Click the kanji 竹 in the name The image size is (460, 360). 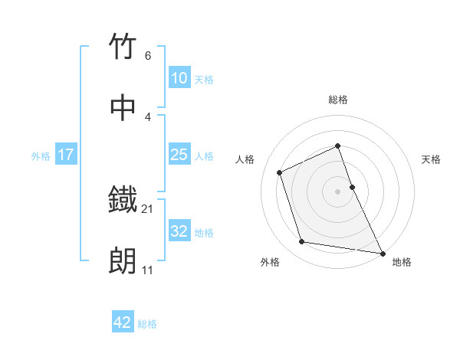tap(123, 47)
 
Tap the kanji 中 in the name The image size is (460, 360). tap(123, 108)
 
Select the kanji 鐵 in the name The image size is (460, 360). tap(123, 200)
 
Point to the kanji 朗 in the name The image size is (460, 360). tap(123, 261)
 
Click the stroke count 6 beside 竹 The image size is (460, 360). tap(148, 56)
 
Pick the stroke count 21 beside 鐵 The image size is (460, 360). tap(148, 208)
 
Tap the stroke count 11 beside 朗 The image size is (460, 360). tap(148, 270)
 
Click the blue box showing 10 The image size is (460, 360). tap(179, 78)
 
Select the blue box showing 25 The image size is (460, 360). tap(179, 155)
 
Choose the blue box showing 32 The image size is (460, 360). tap(179, 231)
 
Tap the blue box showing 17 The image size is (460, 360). tap(65, 155)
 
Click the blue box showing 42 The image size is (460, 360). tap(123, 322)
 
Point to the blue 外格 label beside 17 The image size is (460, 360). tap(41, 155)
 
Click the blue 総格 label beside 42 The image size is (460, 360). tap(147, 323)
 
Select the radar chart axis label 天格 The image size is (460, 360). tap(432, 159)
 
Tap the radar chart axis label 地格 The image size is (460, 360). tap(402, 262)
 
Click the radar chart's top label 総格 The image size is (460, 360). tap(338, 100)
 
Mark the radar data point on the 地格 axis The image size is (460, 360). tap(382, 253)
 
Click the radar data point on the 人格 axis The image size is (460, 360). tap(280, 172)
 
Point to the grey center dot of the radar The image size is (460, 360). tap(337, 191)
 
